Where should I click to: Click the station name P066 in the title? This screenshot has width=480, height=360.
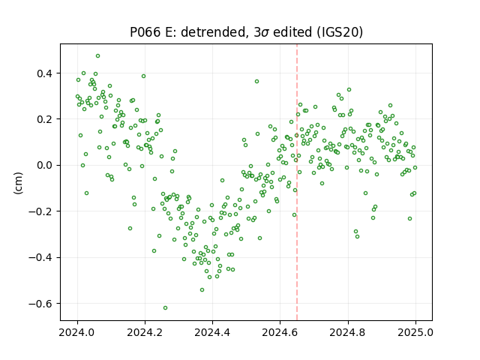[145, 32]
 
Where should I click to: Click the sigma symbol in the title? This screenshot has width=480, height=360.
[265, 33]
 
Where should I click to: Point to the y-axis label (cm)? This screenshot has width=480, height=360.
[18, 183]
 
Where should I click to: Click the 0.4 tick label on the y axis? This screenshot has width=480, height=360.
[45, 73]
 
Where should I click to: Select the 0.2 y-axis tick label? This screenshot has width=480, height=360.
[45, 119]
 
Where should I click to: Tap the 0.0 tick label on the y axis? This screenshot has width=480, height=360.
[45, 165]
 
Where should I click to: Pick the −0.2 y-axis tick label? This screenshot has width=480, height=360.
[40, 211]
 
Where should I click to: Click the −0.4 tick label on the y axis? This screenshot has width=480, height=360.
[40, 257]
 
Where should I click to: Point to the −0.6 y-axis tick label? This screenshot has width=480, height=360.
[40, 304]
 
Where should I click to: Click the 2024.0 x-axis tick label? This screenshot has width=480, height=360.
[77, 332]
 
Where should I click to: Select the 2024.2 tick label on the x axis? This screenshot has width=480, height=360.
[145, 332]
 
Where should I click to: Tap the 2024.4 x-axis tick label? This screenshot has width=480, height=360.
[212, 332]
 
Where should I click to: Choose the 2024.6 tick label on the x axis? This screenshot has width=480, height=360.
[280, 332]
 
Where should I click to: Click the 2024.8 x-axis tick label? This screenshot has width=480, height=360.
[348, 332]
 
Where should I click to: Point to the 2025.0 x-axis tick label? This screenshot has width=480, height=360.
[415, 332]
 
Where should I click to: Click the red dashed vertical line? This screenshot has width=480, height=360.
[297, 182]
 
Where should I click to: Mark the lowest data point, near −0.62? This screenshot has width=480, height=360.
[165, 307]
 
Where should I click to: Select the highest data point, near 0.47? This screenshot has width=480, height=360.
[97, 56]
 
